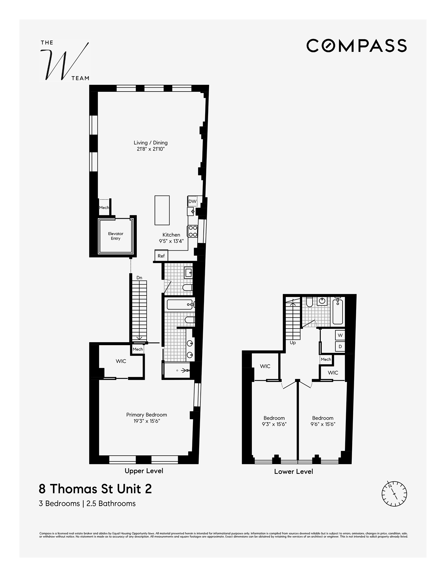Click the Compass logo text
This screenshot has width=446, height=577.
(356, 46)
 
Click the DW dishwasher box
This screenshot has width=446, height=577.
(192, 201)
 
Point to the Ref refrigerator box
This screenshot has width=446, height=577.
(161, 256)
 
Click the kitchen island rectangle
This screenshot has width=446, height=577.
(162, 210)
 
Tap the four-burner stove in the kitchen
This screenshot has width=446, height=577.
(192, 231)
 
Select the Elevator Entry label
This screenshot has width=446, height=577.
(116, 236)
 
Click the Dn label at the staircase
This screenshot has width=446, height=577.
(139, 278)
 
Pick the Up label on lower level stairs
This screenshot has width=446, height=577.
(293, 342)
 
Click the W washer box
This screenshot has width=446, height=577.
(340, 335)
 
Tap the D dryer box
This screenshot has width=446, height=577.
(340, 347)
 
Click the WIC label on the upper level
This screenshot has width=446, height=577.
(121, 361)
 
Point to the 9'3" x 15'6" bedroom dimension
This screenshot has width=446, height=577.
(274, 424)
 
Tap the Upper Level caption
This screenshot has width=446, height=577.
(144, 471)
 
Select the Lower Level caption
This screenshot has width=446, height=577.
(293, 471)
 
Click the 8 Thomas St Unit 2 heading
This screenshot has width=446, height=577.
(95, 489)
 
